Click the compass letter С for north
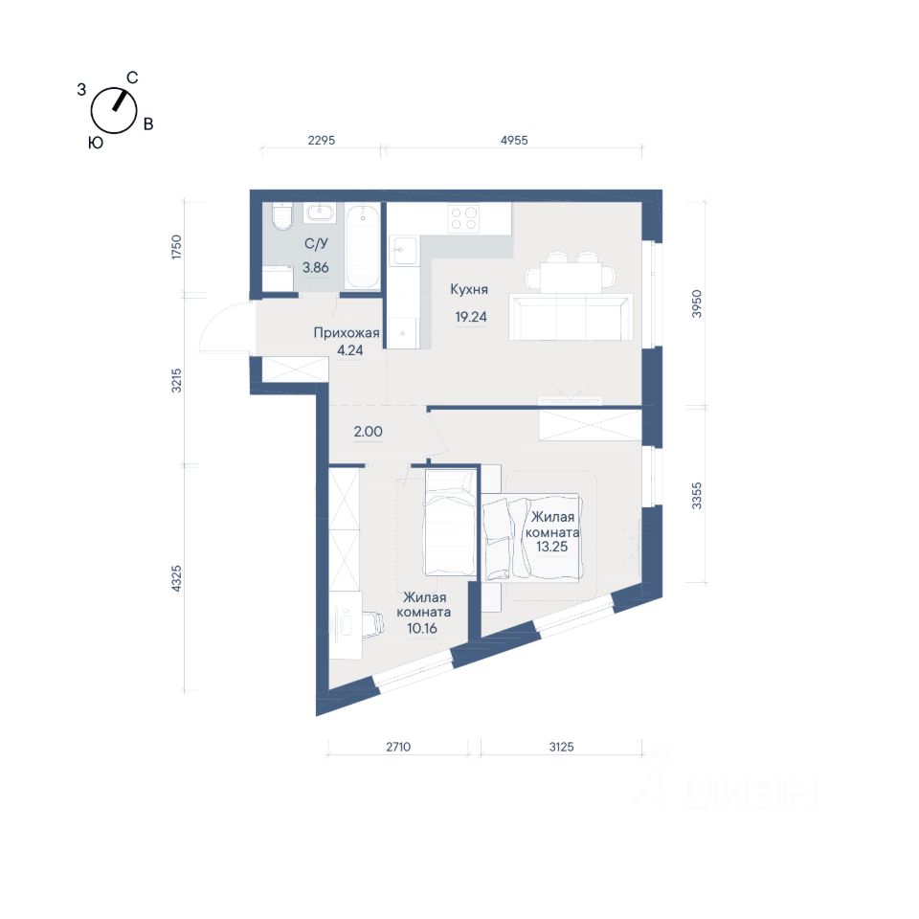tap(132, 78)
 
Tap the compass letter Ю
tap(96, 143)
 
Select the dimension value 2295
tap(322, 140)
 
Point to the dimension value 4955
tap(514, 140)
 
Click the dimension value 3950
tap(696, 303)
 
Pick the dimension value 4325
tap(176, 578)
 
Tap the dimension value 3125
tap(562, 747)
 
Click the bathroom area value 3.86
tap(315, 268)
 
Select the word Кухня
tap(469, 289)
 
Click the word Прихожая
tap(347, 333)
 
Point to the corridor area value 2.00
tap(368, 432)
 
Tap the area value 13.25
tap(552, 547)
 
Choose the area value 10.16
tap(422, 628)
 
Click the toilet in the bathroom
tap(282, 216)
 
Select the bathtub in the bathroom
tap(362, 246)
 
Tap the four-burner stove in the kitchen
tap(463, 218)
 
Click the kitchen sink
tap(404, 251)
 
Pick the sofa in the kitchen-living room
tap(571, 317)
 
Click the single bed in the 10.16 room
tap(450, 524)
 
